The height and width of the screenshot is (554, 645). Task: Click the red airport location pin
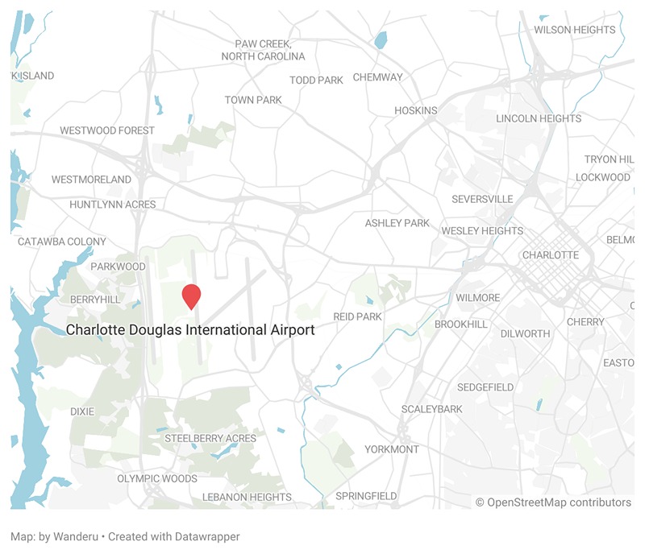tap(191, 296)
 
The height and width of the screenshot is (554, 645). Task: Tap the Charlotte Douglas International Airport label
tap(190, 330)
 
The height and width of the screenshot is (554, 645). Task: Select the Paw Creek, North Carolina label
tap(264, 50)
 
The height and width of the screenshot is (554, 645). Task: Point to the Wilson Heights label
tap(574, 30)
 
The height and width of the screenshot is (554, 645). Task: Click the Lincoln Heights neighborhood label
tap(539, 118)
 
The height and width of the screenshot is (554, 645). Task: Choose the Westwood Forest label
tap(107, 130)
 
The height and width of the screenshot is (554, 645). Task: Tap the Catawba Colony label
tap(62, 242)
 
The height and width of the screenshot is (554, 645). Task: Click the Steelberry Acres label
tap(210, 439)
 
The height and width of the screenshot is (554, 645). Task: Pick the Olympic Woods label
tap(157, 478)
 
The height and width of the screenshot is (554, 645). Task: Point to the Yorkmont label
tap(392, 449)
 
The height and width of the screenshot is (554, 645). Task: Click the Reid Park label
tap(357, 316)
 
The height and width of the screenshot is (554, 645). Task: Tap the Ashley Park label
tap(397, 223)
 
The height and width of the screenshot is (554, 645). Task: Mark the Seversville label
tap(482, 199)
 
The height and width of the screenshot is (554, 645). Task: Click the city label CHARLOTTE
tap(551, 255)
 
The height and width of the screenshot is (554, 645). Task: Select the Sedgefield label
tap(485, 387)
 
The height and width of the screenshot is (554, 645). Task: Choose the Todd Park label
tap(317, 80)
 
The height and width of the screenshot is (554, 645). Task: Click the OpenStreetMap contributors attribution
tap(553, 502)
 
